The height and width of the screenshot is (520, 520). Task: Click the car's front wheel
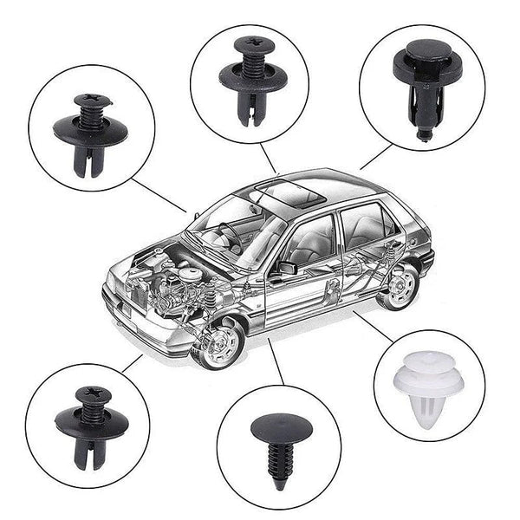(x=217, y=343)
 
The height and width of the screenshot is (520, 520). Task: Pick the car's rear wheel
(x=400, y=286)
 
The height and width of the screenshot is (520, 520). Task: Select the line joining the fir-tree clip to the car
(x=276, y=361)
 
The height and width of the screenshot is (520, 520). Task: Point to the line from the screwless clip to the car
(x=376, y=156)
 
